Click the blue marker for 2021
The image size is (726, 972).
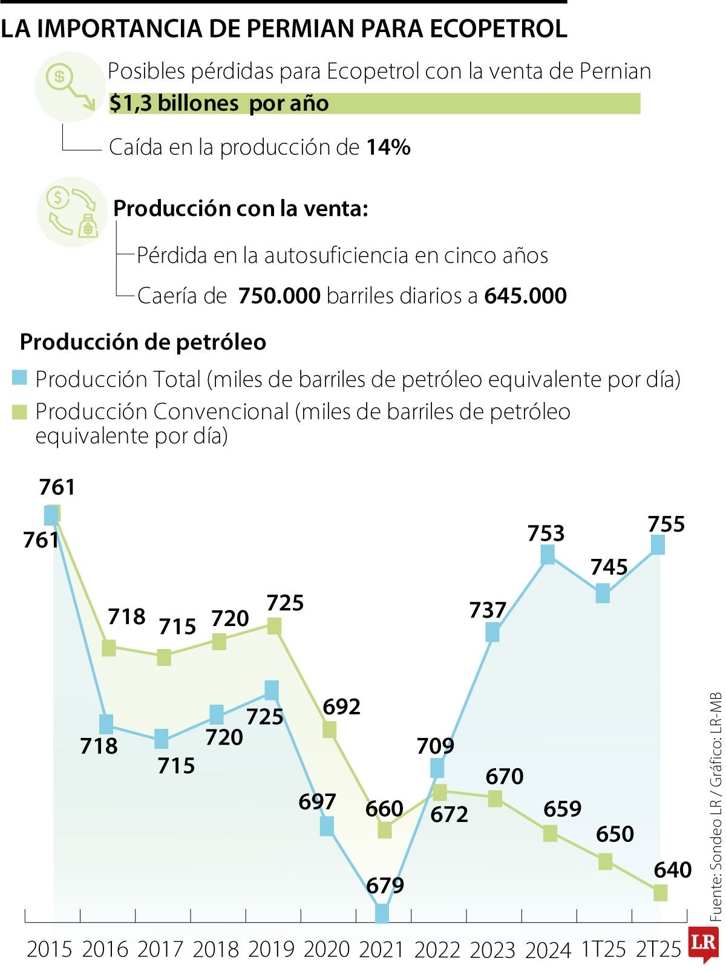pyautogui.click(x=382, y=913)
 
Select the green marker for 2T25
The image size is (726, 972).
pyautogui.click(x=660, y=892)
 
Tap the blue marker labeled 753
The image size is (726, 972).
pyautogui.click(x=548, y=554)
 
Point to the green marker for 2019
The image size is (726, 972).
pyautogui.click(x=274, y=626)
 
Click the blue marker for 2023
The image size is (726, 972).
pyautogui.click(x=492, y=633)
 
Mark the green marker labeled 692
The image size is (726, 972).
pyautogui.click(x=329, y=729)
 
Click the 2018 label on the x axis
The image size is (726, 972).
pyautogui.click(x=215, y=949)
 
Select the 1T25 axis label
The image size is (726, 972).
pyautogui.click(x=603, y=949)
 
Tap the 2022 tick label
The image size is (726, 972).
pyautogui.click(x=437, y=949)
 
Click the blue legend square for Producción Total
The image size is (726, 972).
pyautogui.click(x=20, y=379)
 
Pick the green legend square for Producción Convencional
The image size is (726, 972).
pyautogui.click(x=20, y=412)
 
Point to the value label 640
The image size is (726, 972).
pyautogui.click(x=672, y=870)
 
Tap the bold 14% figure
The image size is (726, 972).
pyautogui.click(x=388, y=147)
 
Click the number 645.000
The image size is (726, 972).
pyautogui.click(x=525, y=296)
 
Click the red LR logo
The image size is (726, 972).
pyautogui.click(x=703, y=943)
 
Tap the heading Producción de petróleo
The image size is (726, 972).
pyautogui.click(x=143, y=342)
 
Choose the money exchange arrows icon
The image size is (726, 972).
pyautogui.click(x=73, y=211)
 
